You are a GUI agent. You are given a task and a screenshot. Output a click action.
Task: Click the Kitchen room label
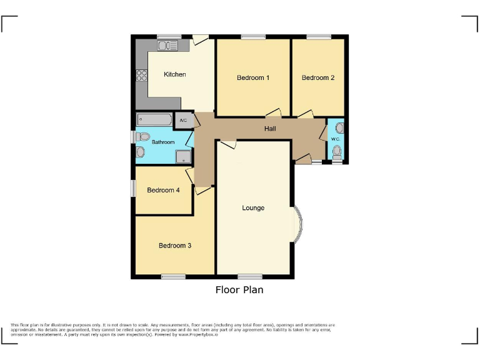click(174, 74)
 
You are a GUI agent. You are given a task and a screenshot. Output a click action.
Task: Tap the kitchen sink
click(167, 46)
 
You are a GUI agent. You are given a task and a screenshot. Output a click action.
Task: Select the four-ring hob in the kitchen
click(142, 76)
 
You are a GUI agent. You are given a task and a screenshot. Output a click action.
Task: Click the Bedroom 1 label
click(253, 78)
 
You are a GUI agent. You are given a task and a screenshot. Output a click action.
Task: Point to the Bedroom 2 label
click(318, 78)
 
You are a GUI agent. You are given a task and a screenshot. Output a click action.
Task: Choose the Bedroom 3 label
click(174, 246)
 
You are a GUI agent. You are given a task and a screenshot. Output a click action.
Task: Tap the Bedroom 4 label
click(163, 190)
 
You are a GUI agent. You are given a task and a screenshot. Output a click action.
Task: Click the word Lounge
click(253, 208)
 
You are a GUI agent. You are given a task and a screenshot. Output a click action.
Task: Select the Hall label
click(270, 129)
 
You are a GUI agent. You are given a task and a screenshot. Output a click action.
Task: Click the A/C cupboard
click(183, 121)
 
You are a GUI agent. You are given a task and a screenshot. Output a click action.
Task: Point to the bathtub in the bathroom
click(154, 119)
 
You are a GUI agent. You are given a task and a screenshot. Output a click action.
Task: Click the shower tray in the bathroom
click(183, 156)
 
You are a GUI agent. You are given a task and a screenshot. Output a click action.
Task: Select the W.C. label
click(335, 139)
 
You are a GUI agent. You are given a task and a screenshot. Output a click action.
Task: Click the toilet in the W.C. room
click(337, 151)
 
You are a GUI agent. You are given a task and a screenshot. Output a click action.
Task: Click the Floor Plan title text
click(239, 290)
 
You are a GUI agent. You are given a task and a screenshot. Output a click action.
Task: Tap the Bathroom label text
click(163, 142)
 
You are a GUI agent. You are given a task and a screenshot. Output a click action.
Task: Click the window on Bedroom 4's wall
click(132, 189)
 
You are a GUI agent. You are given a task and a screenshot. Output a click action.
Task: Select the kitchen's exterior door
click(200, 40)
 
